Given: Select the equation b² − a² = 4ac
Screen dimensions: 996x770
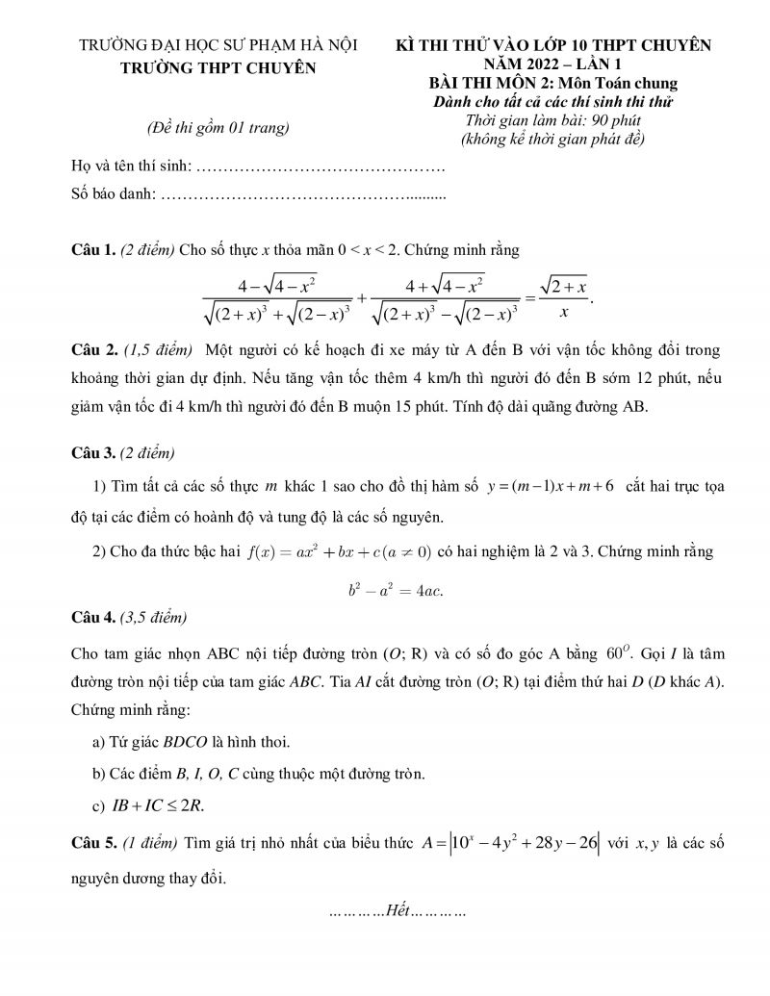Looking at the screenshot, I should point(396,589).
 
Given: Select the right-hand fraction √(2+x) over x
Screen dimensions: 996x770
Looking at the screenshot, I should point(563,299).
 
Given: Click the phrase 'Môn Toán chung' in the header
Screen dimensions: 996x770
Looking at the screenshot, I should point(624,83).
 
